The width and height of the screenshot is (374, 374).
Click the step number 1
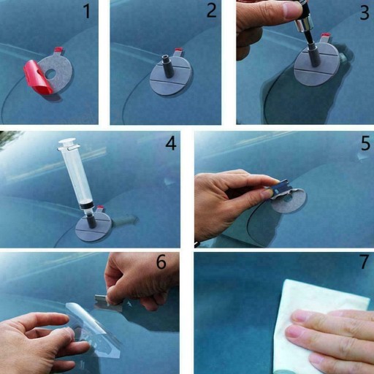[x=87, y=12]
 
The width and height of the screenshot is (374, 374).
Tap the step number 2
[x=211, y=10]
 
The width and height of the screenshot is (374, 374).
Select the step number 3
[x=364, y=12]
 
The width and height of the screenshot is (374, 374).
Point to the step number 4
[x=171, y=143]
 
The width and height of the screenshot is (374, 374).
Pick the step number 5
[x=365, y=143]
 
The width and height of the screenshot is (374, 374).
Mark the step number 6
[x=161, y=262]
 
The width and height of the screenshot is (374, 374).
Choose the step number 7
[x=364, y=262]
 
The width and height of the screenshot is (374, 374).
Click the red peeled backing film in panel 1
[x=38, y=77]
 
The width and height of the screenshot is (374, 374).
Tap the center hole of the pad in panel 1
[x=51, y=72]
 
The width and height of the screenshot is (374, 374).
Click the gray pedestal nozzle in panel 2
[x=168, y=66]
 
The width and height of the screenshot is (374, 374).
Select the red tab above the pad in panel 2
[x=179, y=52]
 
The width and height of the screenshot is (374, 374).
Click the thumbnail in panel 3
[x=290, y=11]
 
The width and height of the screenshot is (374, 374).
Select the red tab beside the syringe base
[x=100, y=208]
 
